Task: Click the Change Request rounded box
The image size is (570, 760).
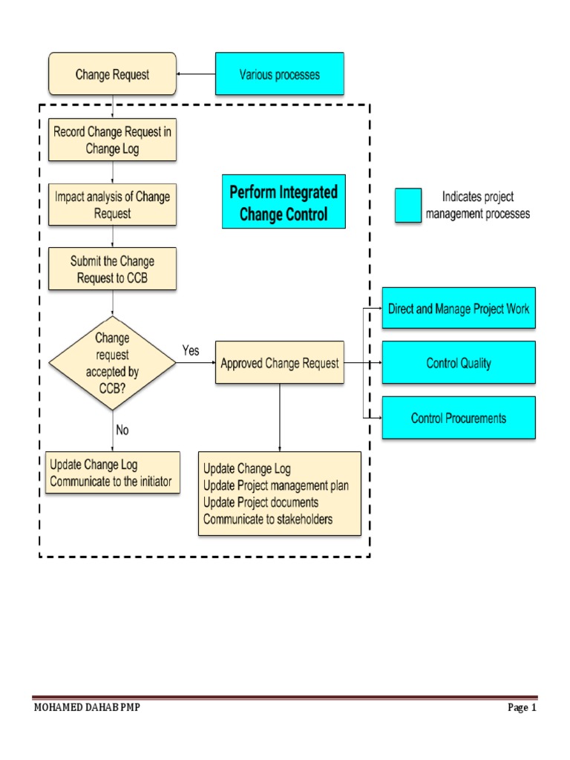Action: [112, 73]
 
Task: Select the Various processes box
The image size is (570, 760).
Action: [279, 73]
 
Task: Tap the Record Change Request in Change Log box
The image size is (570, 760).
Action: [112, 140]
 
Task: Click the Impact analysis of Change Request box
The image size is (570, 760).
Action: [112, 205]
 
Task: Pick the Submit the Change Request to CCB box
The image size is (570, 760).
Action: [112, 269]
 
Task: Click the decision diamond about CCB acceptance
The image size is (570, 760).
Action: [112, 363]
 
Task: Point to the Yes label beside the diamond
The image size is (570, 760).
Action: [191, 350]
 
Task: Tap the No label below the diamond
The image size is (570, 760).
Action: [123, 429]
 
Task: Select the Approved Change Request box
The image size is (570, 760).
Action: [280, 363]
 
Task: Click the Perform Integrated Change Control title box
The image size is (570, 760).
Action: [284, 204]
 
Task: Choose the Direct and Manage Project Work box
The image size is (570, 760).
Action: [458, 308]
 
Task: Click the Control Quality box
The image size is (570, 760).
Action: [458, 363]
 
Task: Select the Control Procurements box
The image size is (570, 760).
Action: [458, 418]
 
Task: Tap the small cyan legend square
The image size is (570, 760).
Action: [408, 206]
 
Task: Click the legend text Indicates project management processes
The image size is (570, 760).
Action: [478, 206]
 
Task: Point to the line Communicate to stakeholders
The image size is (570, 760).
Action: [268, 520]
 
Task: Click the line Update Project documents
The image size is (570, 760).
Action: [261, 502]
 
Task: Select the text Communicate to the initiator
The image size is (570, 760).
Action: [111, 482]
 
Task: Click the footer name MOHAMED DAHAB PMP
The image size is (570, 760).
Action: [87, 707]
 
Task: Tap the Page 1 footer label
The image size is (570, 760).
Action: [522, 707]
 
